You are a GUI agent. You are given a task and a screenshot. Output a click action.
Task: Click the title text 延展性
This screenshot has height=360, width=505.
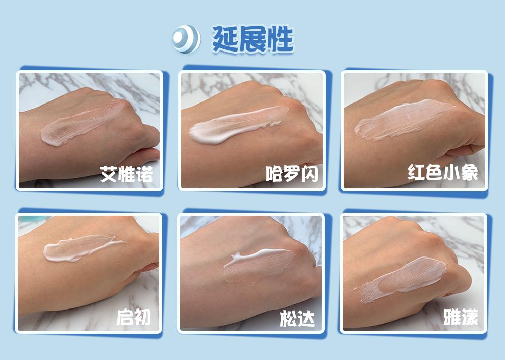[252, 39]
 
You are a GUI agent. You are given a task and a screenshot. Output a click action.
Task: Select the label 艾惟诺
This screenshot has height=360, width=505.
[126, 174]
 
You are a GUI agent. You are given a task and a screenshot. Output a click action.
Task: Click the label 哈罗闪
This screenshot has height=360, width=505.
[291, 174]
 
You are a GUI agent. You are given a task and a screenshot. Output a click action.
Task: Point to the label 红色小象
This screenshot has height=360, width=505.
[443, 173]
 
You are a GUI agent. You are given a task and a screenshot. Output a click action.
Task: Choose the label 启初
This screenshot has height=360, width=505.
[133, 317]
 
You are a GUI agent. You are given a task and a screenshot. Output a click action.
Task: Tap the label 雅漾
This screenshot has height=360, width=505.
[461, 317]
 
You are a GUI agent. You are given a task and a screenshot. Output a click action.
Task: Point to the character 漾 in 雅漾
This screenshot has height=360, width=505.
[469, 317]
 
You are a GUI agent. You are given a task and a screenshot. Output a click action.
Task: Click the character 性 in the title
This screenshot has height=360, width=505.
[280, 39]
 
